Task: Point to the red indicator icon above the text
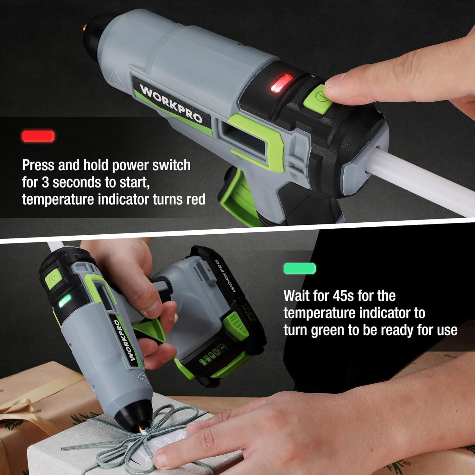tap(38, 136)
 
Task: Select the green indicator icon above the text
tap(300, 268)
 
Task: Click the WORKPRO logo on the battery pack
tap(224, 276)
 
